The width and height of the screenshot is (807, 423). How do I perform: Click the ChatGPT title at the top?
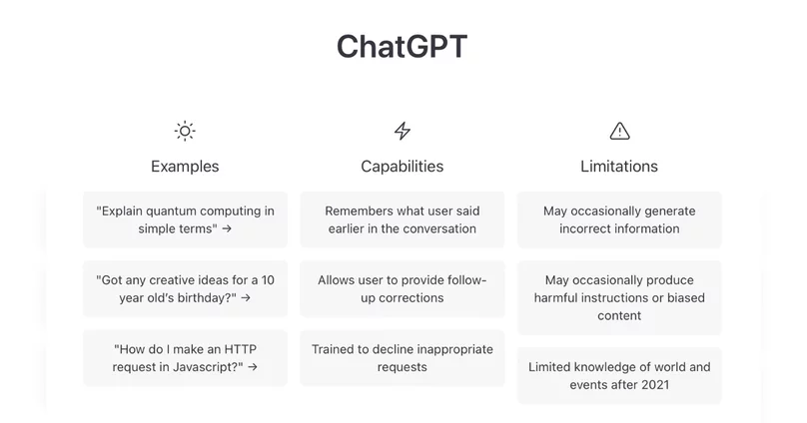(x=402, y=46)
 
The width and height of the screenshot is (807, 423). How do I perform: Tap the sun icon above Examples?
(x=185, y=131)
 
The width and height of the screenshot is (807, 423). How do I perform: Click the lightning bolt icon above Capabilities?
(x=403, y=131)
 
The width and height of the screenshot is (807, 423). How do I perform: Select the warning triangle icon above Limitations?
(x=619, y=131)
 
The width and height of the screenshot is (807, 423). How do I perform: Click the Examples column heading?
(x=185, y=166)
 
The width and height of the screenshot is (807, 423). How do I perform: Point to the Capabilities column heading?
(x=402, y=166)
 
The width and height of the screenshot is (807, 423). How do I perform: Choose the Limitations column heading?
(x=619, y=166)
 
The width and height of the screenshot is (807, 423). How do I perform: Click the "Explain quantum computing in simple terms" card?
(x=186, y=220)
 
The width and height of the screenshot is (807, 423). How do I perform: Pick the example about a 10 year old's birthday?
(x=186, y=289)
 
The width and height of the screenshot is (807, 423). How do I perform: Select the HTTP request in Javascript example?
(x=186, y=358)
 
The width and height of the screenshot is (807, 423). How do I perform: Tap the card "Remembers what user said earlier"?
(x=403, y=220)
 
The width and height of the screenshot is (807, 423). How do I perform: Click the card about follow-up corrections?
(x=403, y=289)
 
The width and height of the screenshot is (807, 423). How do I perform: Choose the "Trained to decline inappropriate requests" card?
(x=403, y=358)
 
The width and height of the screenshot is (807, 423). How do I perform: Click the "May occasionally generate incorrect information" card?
(x=619, y=220)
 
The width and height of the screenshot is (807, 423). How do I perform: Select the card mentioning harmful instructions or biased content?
(x=619, y=297)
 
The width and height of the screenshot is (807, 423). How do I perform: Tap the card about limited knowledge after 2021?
(x=619, y=376)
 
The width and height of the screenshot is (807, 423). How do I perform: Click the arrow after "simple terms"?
(x=227, y=229)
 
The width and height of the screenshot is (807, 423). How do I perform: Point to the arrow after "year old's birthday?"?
(x=246, y=298)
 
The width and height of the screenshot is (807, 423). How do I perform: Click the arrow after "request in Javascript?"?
(x=253, y=367)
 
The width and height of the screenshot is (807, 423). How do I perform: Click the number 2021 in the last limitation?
(x=655, y=385)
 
